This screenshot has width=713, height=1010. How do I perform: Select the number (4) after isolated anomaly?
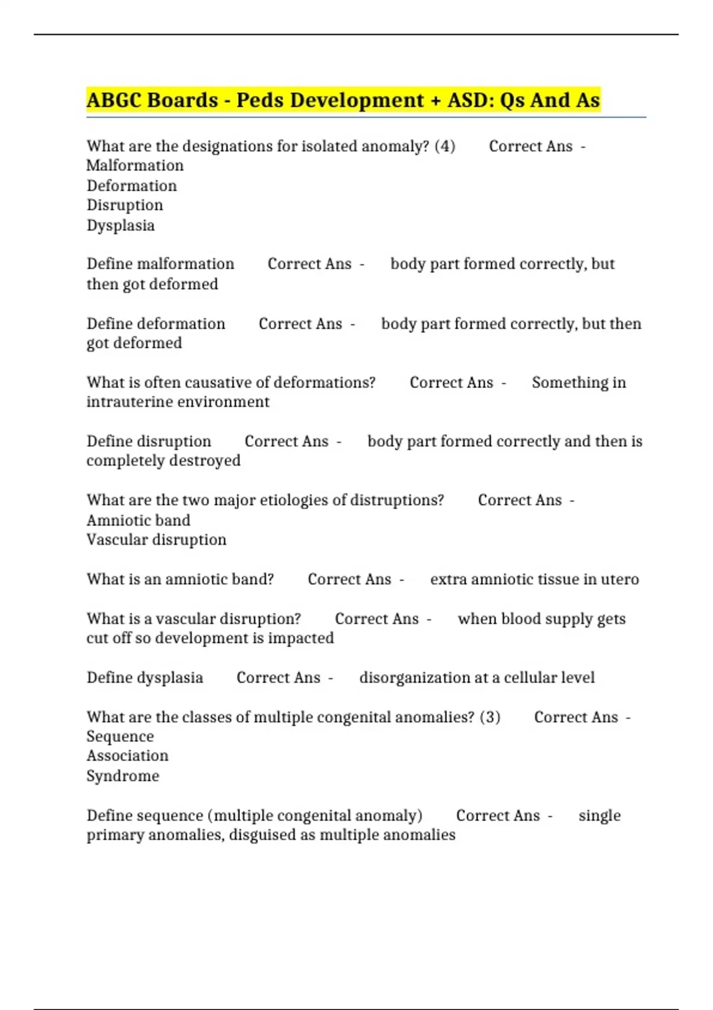point(445,146)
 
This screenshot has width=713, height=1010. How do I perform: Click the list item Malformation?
point(135,166)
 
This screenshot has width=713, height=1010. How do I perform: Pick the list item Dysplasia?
point(121,226)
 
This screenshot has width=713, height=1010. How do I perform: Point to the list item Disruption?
point(125,206)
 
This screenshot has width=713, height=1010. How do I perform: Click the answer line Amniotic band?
point(138,520)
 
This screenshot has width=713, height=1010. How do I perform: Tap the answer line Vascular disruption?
point(156,540)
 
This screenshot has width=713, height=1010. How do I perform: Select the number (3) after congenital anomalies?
point(490,717)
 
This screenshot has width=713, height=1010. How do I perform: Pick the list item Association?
point(127,756)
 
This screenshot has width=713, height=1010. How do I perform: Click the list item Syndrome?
point(123,776)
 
